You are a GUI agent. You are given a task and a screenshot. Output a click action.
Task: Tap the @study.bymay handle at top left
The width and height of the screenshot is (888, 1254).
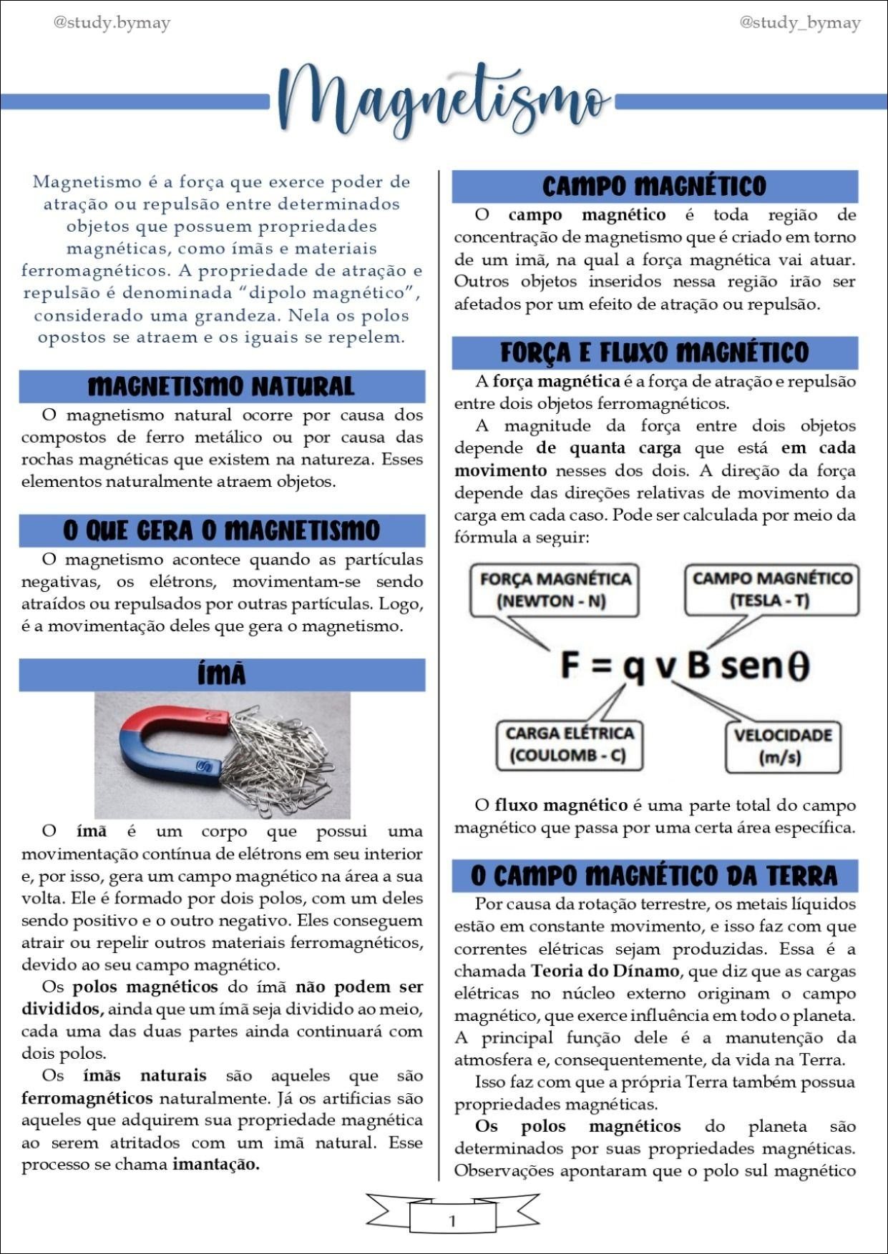(x=112, y=23)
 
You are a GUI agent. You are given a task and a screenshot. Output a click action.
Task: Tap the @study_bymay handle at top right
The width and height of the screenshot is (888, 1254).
(x=799, y=23)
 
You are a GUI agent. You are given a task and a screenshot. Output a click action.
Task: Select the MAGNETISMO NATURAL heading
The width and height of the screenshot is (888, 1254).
(x=221, y=387)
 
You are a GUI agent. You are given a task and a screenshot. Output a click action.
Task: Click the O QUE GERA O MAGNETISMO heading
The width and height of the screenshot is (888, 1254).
(x=221, y=530)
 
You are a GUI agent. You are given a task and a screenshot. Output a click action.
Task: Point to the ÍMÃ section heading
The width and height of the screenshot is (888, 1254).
(x=221, y=675)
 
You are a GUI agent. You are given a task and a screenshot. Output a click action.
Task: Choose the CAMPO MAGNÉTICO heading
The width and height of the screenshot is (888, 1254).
(x=654, y=187)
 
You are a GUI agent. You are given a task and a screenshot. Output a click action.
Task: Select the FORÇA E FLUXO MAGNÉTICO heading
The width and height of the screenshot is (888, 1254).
(x=654, y=352)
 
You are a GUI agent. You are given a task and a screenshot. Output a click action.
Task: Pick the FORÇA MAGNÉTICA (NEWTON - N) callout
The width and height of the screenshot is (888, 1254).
(x=555, y=590)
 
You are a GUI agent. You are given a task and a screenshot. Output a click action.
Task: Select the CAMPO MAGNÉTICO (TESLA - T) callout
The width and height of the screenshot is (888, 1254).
(x=771, y=589)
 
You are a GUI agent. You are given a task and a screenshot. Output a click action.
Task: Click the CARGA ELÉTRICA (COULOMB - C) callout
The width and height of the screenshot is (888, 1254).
(x=570, y=745)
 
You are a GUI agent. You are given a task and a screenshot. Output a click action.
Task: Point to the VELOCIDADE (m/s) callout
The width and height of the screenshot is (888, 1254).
(x=782, y=746)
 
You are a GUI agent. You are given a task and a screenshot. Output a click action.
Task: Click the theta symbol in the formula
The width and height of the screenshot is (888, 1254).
(x=798, y=666)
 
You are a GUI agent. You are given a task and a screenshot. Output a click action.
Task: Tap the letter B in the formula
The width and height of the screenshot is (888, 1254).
(x=698, y=665)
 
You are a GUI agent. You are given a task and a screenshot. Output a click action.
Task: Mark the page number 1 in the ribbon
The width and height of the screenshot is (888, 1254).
(x=452, y=1221)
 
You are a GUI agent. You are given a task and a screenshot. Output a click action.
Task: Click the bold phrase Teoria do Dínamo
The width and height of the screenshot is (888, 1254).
(x=605, y=971)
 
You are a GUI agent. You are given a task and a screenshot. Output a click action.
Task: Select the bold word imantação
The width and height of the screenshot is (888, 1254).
(x=216, y=1165)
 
